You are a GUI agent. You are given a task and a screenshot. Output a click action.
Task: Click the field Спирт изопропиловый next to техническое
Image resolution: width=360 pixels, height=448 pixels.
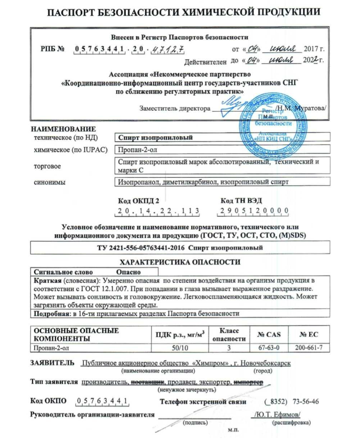pyautogui.click(x=152, y=138)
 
